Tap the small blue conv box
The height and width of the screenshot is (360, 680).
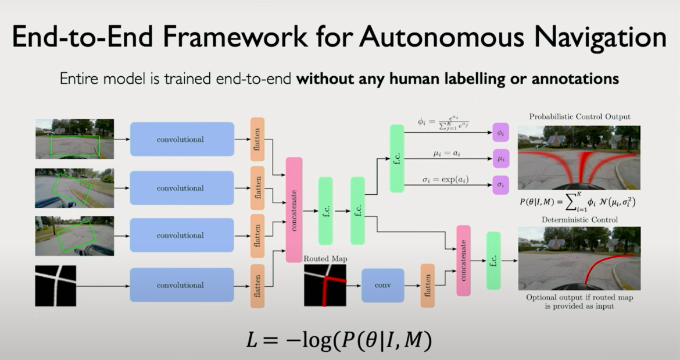[382, 285]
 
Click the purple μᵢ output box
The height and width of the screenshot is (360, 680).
[500, 157]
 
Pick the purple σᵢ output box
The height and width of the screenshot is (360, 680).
[500, 184]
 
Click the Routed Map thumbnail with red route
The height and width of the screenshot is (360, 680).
[325, 285]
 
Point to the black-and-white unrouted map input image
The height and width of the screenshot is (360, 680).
[56, 286]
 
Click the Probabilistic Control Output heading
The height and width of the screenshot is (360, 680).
[578, 117]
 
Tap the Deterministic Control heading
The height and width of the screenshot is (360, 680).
[579, 220]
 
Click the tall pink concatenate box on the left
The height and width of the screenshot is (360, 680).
[294, 209]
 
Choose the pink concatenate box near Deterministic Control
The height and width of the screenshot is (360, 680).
[463, 261]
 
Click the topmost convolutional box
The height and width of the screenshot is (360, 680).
[182, 140]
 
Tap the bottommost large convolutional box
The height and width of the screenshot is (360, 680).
[182, 285]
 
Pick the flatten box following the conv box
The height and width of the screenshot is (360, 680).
[427, 285]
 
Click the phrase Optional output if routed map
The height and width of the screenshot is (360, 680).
[579, 297]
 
